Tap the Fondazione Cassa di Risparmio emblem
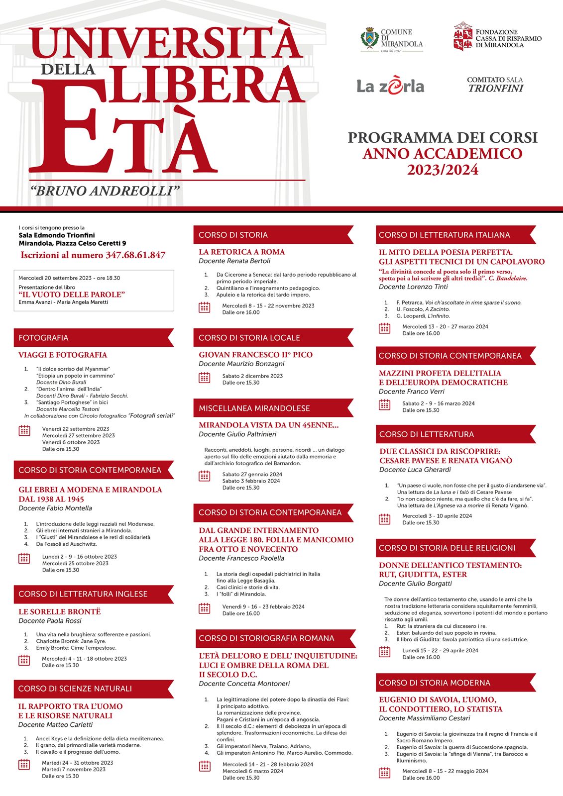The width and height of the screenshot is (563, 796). point(462,36)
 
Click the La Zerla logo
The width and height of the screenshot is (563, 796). point(390,86)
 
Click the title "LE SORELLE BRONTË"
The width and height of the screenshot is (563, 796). point(59,611)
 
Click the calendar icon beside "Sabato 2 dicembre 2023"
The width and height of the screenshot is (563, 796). point(204,379)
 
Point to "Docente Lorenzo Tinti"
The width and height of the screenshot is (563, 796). point(413,287)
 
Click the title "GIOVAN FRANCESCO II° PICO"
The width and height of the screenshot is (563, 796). point(255,355)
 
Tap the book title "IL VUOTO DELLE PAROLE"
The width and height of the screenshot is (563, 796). point(72,295)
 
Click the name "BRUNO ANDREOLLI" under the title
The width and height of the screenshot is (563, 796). point(105,191)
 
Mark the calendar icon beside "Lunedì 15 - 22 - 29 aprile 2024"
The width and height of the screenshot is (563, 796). point(384,652)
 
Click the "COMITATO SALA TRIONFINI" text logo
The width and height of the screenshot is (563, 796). point(495,85)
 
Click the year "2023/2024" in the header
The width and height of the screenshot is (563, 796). point(443,170)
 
